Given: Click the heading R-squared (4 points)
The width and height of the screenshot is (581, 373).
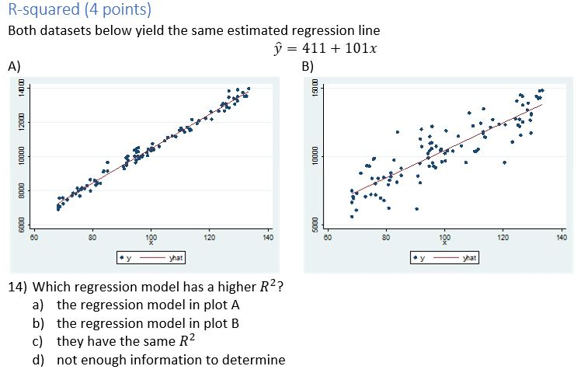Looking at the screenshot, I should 78,10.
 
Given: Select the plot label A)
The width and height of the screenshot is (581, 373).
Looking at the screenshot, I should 14,66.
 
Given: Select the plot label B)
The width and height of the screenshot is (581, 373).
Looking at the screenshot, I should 308,66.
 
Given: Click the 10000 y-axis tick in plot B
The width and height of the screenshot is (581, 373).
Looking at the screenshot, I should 315,156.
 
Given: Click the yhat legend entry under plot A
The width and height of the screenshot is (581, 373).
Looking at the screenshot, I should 176,257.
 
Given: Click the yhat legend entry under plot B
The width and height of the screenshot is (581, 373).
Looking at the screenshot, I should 469,257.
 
